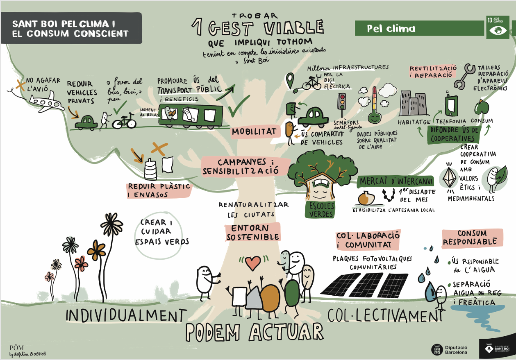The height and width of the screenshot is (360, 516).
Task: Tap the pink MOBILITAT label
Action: [254, 131]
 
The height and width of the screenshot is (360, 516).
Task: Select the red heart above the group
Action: [253, 263]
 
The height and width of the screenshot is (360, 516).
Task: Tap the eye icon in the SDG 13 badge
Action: [498, 30]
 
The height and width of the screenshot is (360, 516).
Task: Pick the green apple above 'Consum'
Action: [482, 108]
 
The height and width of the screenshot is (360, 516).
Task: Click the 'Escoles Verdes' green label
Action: [320, 209]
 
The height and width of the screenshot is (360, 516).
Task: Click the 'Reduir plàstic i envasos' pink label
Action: [159, 190]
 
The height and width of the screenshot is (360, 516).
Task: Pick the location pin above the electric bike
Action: [291, 78]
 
